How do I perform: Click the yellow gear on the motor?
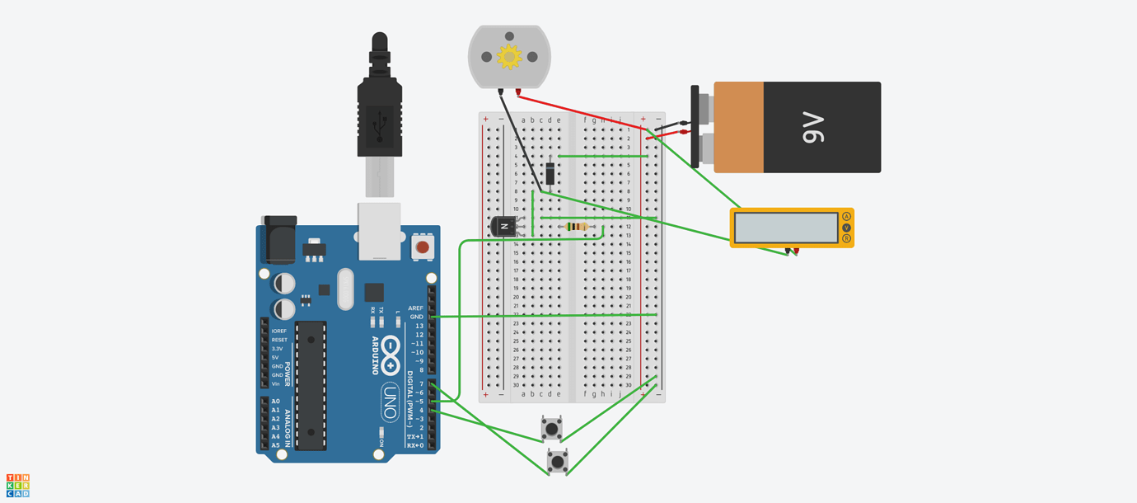coord(509,57)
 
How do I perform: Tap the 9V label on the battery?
coord(813,127)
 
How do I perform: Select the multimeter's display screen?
coord(786,228)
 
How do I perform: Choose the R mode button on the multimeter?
coord(846,239)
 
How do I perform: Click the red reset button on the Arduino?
coord(423,247)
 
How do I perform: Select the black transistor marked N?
coord(502,226)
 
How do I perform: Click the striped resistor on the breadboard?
coord(578,227)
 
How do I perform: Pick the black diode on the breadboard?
coord(550,173)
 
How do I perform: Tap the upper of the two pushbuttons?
coord(552,428)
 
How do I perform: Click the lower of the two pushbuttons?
coord(558,461)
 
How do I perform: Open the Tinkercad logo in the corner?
coord(18,486)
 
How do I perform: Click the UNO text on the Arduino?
coord(391,402)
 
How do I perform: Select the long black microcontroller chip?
coord(311,386)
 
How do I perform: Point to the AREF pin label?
coord(415,308)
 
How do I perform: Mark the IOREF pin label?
coord(279,331)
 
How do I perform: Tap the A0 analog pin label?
coord(275,402)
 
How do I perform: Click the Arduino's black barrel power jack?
coord(278,241)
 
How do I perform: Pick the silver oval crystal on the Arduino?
coord(345,289)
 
